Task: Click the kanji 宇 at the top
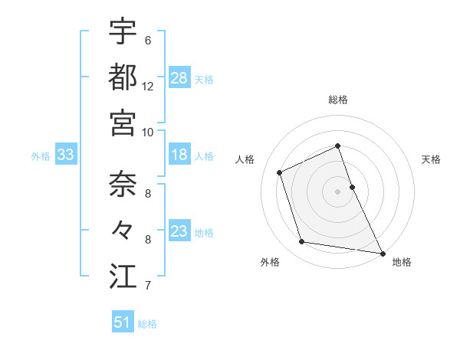tap(123, 32)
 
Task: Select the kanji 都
tap(123, 77)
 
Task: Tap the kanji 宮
tap(123, 123)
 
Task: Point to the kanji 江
tap(123, 276)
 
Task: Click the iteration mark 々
tap(123, 230)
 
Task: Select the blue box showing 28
tap(179, 78)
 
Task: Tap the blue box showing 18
tap(179, 155)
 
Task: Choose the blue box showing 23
tap(179, 231)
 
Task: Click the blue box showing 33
tap(65, 155)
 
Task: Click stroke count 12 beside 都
tap(148, 86)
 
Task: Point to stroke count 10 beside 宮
tap(148, 132)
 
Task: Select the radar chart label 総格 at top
tap(338, 100)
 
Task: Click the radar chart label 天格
tap(431, 159)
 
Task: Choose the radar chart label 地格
tap(402, 262)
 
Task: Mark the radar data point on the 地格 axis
tap(382, 252)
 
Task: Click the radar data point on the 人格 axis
tap(280, 172)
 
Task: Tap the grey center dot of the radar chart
tap(338, 191)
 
